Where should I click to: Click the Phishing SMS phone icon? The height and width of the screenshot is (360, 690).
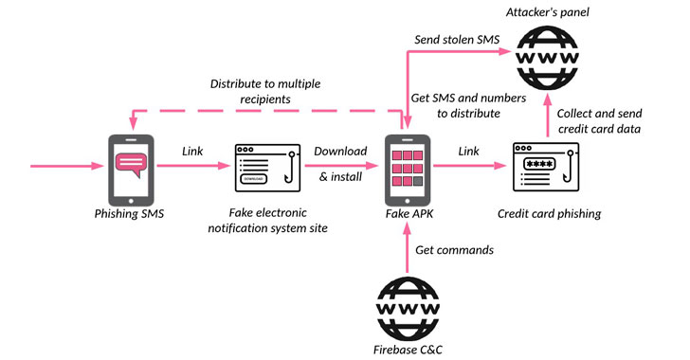(131, 170)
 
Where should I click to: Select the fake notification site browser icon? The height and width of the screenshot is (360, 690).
(267, 168)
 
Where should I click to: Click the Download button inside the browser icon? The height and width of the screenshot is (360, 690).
(253, 179)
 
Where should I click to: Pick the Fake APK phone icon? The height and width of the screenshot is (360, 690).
(408, 170)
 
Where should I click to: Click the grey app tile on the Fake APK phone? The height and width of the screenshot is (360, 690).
(418, 181)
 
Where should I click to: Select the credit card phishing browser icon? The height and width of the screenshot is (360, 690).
(546, 167)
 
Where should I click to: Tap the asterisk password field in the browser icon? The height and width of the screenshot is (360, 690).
(539, 164)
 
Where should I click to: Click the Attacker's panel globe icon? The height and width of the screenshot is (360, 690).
(547, 58)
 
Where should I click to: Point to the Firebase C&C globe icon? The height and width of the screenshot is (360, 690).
(408, 309)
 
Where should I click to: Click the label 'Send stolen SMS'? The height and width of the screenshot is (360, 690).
(457, 40)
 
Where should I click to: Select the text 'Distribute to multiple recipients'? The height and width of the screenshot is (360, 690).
(265, 91)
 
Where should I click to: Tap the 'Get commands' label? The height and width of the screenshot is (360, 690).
(455, 250)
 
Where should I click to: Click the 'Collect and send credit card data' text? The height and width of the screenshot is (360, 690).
(599, 121)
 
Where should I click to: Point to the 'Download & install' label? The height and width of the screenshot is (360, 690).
(340, 164)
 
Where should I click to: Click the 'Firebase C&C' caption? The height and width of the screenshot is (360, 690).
(408, 350)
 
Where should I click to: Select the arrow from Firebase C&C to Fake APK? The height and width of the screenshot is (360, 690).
(407, 248)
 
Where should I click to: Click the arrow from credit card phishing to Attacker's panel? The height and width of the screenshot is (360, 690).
(548, 116)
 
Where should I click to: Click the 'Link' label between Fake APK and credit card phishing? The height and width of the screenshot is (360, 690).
(468, 152)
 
